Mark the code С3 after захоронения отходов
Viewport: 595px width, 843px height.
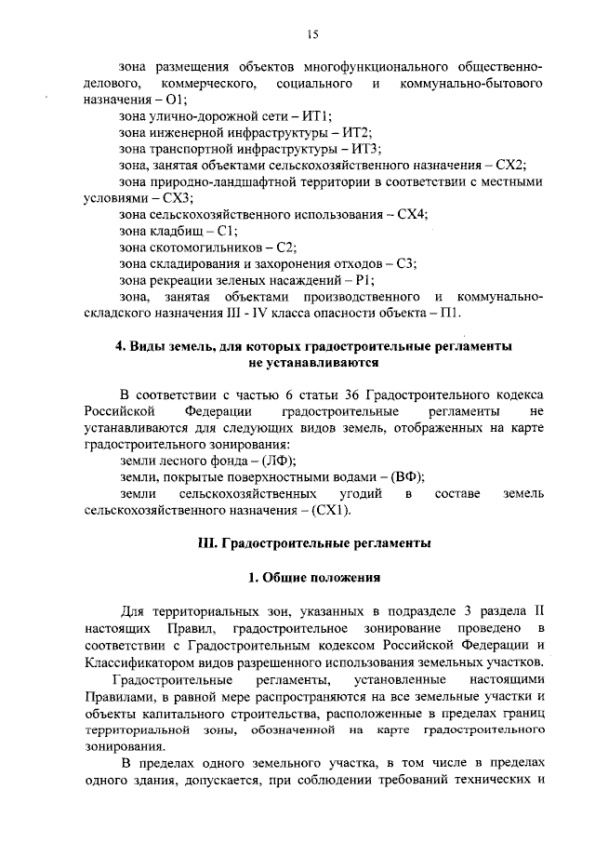click(405, 264)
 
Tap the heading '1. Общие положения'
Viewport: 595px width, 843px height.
click(313, 577)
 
